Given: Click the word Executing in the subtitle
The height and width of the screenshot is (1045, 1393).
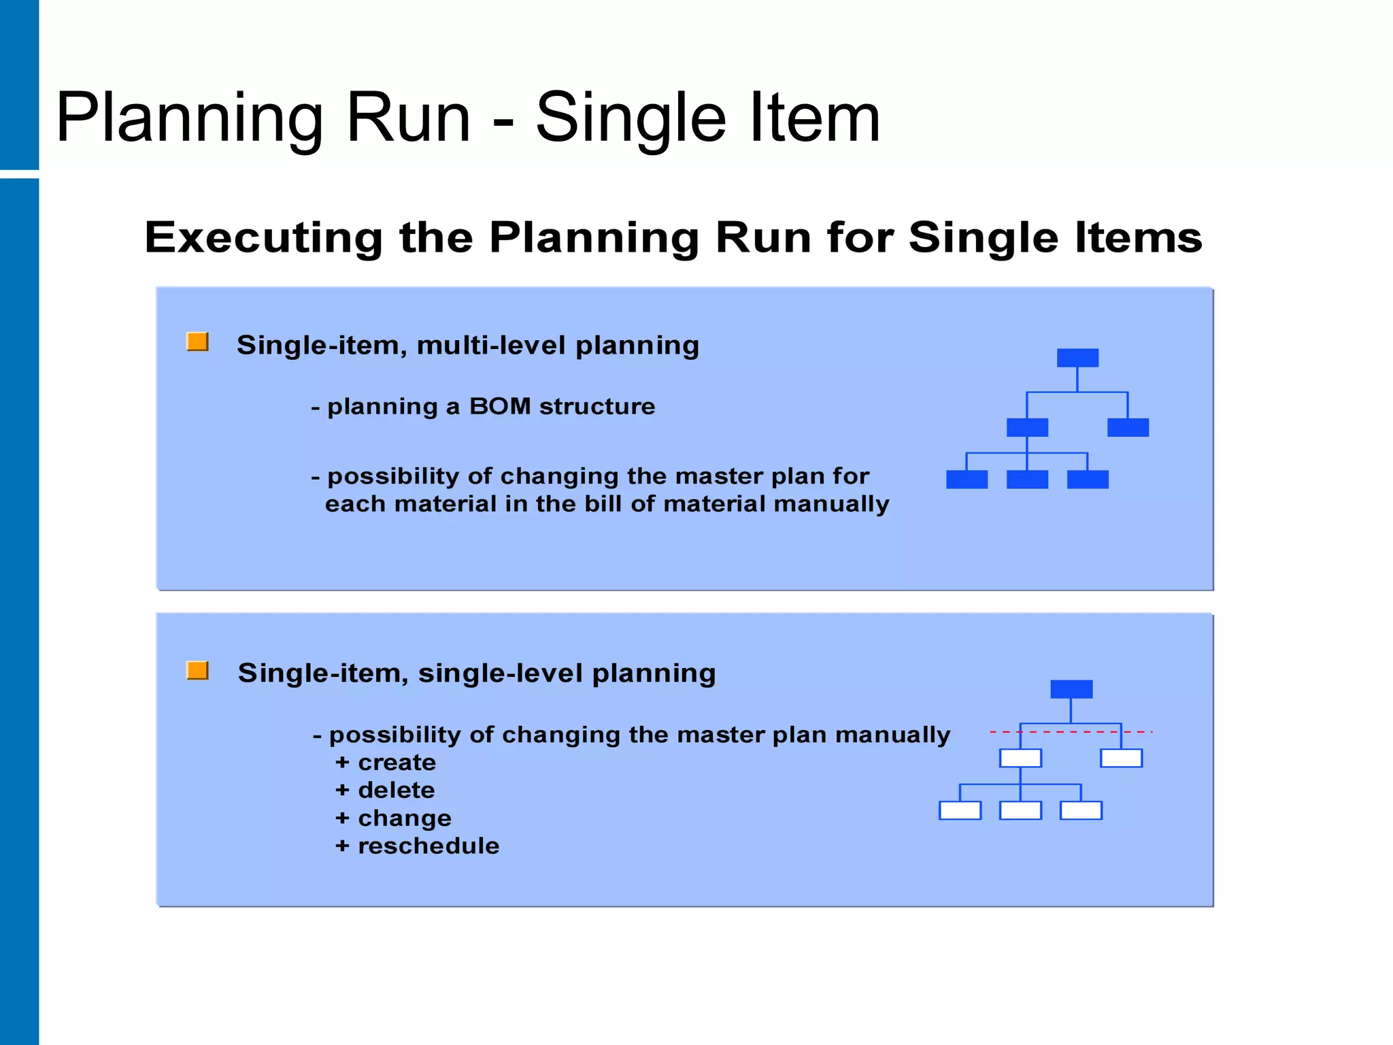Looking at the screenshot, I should (264, 237).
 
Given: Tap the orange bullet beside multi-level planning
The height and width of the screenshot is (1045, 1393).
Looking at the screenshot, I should (197, 342).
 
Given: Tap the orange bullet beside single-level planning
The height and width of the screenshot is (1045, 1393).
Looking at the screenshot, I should (197, 670).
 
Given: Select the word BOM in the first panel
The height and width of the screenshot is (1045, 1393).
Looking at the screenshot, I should (499, 406).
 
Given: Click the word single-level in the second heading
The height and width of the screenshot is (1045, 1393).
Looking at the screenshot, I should (500, 674).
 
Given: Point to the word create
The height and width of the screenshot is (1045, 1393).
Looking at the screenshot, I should (397, 763).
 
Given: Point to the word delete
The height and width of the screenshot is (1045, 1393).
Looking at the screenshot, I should (396, 791).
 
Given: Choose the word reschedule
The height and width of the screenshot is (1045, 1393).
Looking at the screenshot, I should (429, 846).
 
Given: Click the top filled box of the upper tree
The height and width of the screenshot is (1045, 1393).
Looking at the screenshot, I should (1077, 358).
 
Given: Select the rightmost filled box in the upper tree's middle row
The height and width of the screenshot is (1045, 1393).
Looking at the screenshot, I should (1128, 427).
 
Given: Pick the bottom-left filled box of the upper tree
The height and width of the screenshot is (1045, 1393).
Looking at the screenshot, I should (967, 480).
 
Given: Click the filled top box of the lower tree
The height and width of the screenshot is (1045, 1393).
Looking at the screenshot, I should (1071, 689).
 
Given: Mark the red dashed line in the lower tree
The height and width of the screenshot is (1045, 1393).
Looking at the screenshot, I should (1071, 732).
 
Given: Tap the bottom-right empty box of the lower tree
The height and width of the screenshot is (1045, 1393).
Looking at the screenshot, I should (1081, 810).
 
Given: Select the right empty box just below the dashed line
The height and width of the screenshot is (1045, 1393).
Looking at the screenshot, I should (1121, 758).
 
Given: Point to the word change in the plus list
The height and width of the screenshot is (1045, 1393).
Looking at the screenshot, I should (405, 818).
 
